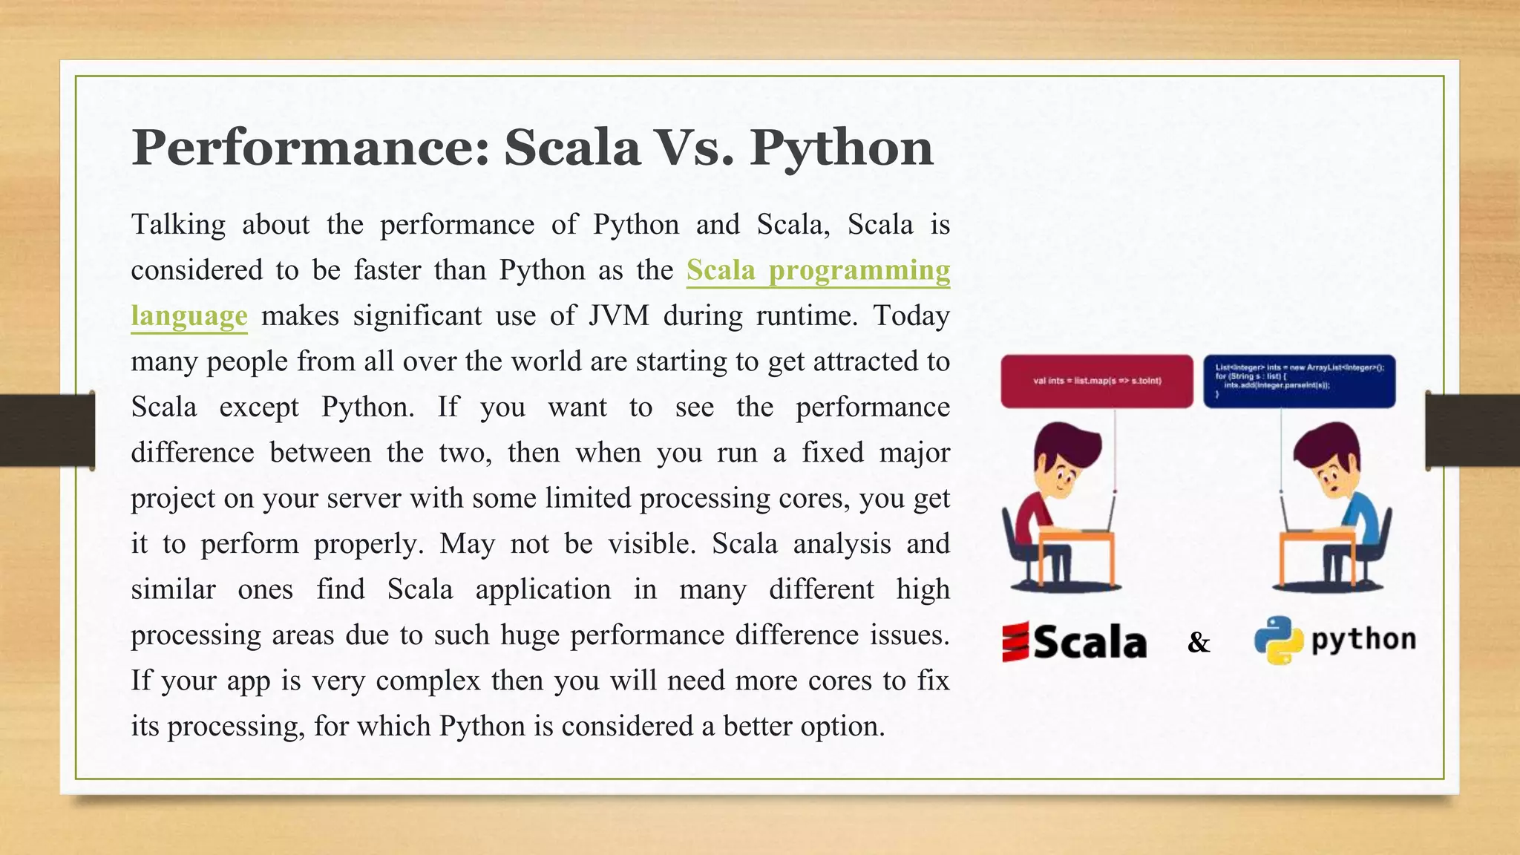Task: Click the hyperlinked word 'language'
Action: click(189, 316)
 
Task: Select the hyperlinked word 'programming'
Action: click(859, 270)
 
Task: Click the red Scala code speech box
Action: click(1096, 381)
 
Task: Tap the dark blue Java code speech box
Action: click(1299, 381)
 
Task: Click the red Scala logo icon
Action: click(1015, 642)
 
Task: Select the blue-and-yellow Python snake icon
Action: click(1278, 640)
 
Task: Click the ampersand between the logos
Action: click(1198, 643)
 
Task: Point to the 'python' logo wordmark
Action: click(1363, 640)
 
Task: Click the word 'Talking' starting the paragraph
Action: click(178, 225)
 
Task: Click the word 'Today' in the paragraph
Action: click(911, 316)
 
